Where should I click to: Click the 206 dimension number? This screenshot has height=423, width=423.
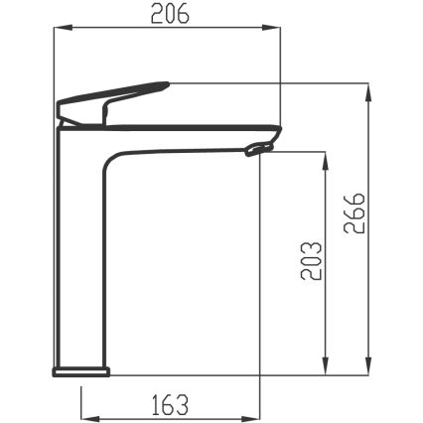coord(170,14)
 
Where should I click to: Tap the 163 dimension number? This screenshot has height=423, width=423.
coord(171,404)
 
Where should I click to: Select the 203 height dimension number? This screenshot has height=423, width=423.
coord(311,261)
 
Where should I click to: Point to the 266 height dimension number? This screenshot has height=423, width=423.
coord(354,212)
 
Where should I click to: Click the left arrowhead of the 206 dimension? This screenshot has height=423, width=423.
coord(63,28)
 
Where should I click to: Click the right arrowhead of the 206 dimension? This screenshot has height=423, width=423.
coord(271,28)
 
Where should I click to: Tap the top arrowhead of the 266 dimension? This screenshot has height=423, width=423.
coord(367,92)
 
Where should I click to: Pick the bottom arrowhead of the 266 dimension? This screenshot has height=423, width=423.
coord(367,366)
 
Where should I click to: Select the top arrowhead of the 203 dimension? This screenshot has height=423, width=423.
coord(326,161)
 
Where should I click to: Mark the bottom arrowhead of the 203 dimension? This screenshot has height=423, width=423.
coord(326,366)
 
